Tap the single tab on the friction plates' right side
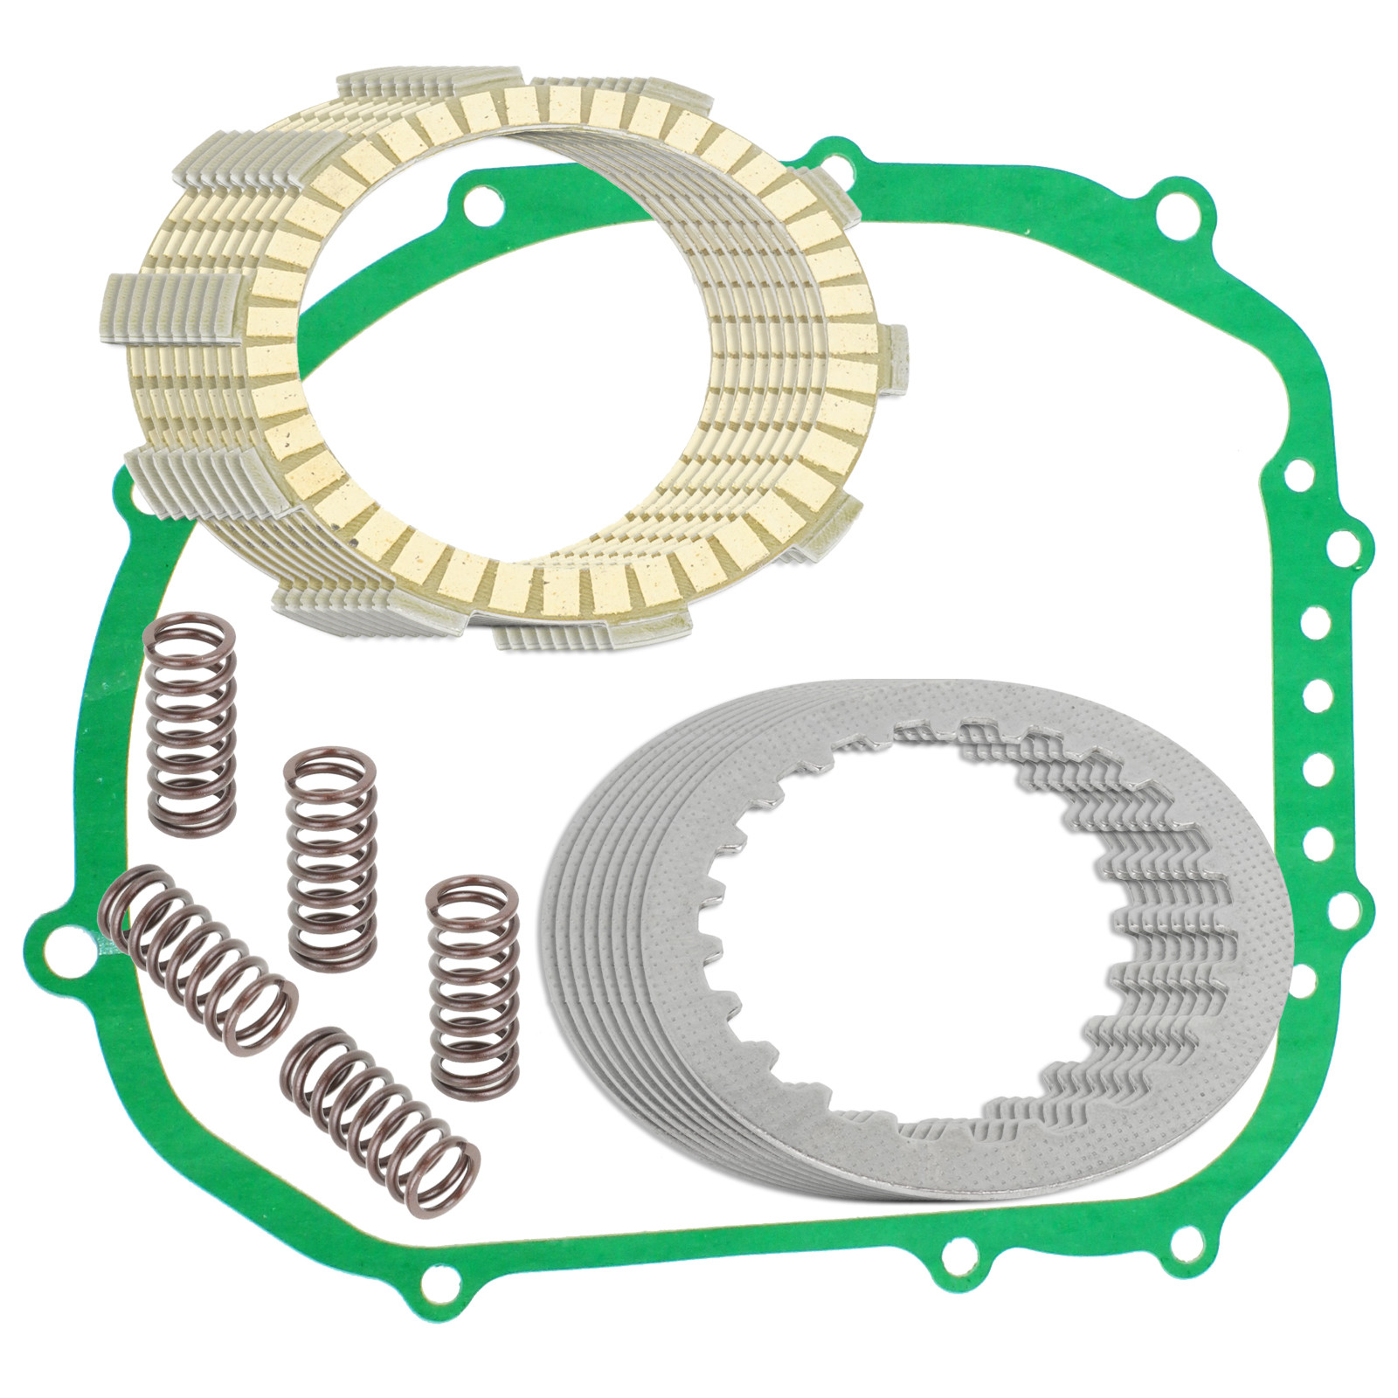[x=896, y=360]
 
